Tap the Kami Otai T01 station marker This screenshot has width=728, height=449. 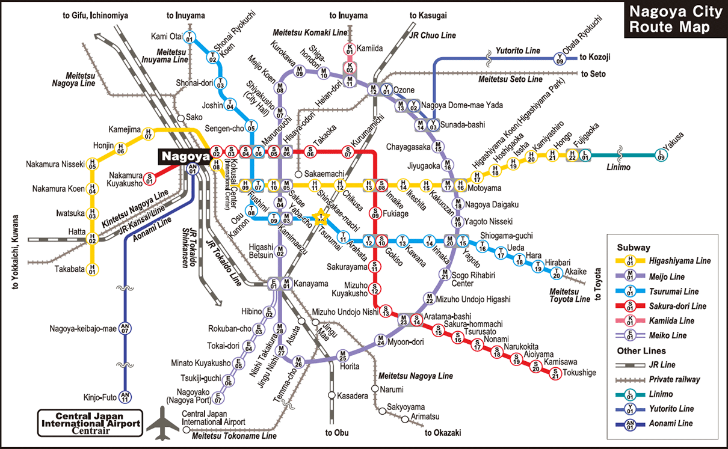[190, 37]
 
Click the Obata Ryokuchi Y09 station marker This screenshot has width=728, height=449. [560, 58]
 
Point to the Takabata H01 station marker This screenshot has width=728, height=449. [92, 269]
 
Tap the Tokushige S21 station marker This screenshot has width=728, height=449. [555, 373]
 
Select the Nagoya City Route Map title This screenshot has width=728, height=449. [673, 20]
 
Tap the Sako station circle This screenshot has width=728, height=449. [180, 118]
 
